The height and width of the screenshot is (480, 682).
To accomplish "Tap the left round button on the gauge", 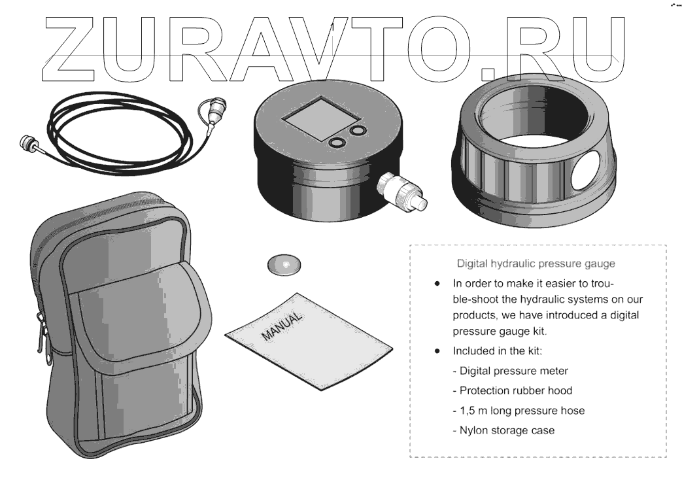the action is (x=338, y=143).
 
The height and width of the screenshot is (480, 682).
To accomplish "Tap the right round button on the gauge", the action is (x=358, y=131).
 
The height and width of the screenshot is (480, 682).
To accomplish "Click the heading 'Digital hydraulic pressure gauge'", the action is (x=536, y=265).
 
